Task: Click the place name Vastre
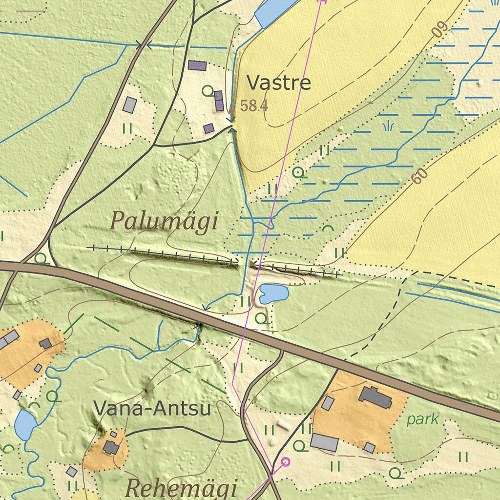(x=278, y=83)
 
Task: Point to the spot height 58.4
(x=254, y=105)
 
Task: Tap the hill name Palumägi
(x=164, y=221)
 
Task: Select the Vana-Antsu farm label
(x=152, y=408)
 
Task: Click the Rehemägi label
(x=182, y=488)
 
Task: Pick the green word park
(x=422, y=419)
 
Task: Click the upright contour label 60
(x=418, y=176)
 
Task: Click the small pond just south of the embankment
(x=274, y=293)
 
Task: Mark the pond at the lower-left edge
(x=25, y=424)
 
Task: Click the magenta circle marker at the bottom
(x=286, y=461)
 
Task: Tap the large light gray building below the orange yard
(x=324, y=442)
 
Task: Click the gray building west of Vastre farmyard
(x=130, y=104)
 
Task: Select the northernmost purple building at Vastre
(x=197, y=65)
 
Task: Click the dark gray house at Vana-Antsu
(x=111, y=447)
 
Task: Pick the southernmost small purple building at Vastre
(x=209, y=128)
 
